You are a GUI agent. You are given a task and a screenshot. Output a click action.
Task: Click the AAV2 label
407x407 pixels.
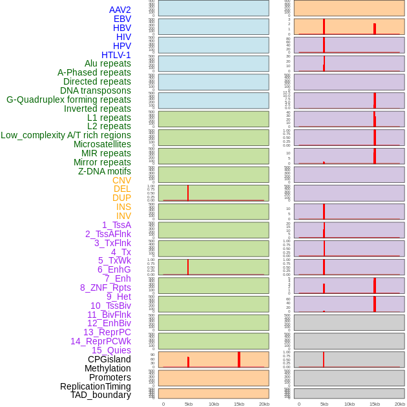pyautogui.click(x=120, y=10)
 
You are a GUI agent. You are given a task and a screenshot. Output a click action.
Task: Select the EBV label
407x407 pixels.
pyautogui.click(x=122, y=19)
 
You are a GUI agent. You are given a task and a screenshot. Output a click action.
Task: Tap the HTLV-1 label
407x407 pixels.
pyautogui.click(x=116, y=55)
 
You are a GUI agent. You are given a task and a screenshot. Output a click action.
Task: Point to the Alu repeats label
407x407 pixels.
pyautogui.click(x=107, y=63)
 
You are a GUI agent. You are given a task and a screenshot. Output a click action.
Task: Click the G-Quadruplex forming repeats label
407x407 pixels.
pyautogui.click(x=68, y=99)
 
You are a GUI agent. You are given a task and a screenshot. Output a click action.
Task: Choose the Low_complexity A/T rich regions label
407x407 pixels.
pyautogui.click(x=66, y=135)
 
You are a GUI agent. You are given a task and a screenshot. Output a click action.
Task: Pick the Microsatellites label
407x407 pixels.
pyautogui.click(x=102, y=144)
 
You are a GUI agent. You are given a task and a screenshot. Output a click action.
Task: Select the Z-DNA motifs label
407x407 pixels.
pyautogui.click(x=105, y=171)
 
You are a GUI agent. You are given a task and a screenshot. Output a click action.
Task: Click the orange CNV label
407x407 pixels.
pyautogui.click(x=121, y=180)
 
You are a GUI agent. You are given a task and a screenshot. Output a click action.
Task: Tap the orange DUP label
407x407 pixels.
pyautogui.click(x=121, y=198)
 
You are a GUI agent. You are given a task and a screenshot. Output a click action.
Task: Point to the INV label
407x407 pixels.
pyautogui.click(x=123, y=216)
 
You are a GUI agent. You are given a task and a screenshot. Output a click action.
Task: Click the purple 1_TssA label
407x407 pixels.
pyautogui.click(x=116, y=225)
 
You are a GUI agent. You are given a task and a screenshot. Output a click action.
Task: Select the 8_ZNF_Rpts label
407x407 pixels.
pyautogui.click(x=105, y=287)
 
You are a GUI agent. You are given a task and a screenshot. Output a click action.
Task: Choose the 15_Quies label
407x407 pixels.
pyautogui.click(x=111, y=350)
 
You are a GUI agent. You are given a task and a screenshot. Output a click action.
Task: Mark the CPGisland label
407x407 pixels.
pyautogui.click(x=109, y=359)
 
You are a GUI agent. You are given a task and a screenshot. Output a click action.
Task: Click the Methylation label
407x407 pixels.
pyautogui.click(x=107, y=368)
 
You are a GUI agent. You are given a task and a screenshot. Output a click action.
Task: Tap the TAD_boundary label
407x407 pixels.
pyautogui.click(x=101, y=395)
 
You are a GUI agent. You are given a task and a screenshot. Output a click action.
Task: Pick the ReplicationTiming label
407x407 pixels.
pyautogui.click(x=96, y=386)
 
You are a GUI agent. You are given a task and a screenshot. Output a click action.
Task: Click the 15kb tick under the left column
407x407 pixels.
pyautogui.click(x=239, y=404)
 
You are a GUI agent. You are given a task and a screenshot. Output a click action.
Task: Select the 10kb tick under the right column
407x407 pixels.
pyautogui.click(x=350, y=404)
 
